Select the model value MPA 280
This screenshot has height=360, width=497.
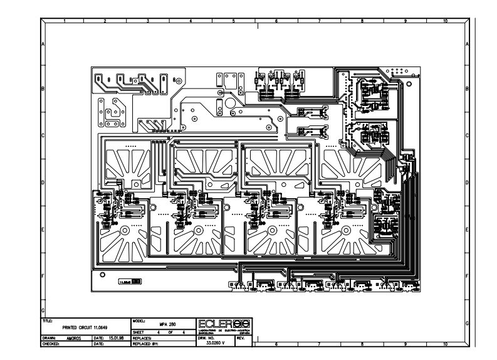click(x=165, y=324)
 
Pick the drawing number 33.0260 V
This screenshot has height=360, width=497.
click(x=214, y=342)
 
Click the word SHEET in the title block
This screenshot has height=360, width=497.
click(x=139, y=332)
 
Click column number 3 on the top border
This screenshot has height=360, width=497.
click(x=147, y=21)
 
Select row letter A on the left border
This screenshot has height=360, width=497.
click(x=43, y=45)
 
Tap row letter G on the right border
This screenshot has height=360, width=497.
click(x=468, y=322)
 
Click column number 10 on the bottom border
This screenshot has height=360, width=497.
click(x=445, y=344)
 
